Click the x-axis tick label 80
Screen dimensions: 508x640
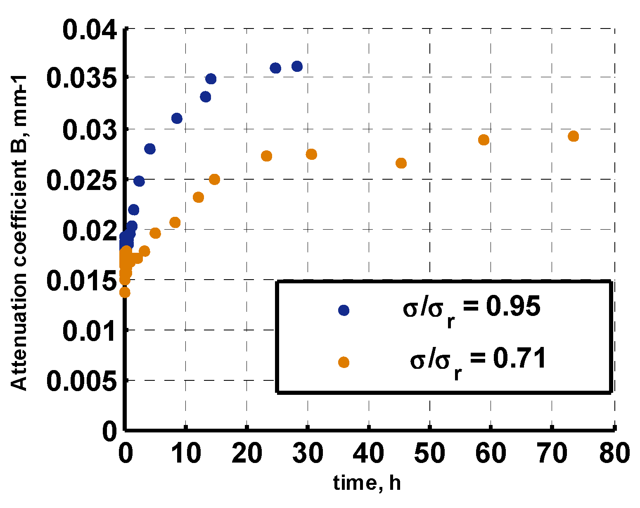click(614, 453)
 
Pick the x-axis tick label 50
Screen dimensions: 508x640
click(430, 453)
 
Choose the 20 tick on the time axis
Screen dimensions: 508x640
click(247, 453)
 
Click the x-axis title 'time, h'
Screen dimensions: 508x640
click(367, 482)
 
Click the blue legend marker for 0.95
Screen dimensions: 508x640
click(344, 310)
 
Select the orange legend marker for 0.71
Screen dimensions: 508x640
click(344, 362)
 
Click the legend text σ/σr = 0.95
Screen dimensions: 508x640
click(471, 309)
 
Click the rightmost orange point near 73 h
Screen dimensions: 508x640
click(573, 136)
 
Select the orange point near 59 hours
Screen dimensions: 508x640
click(484, 140)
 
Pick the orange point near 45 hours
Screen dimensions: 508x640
click(401, 163)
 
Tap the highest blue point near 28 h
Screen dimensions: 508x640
click(297, 66)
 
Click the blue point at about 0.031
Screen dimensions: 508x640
click(177, 119)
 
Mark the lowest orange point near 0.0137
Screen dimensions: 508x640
click(125, 292)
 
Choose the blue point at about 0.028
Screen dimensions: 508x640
click(150, 149)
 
